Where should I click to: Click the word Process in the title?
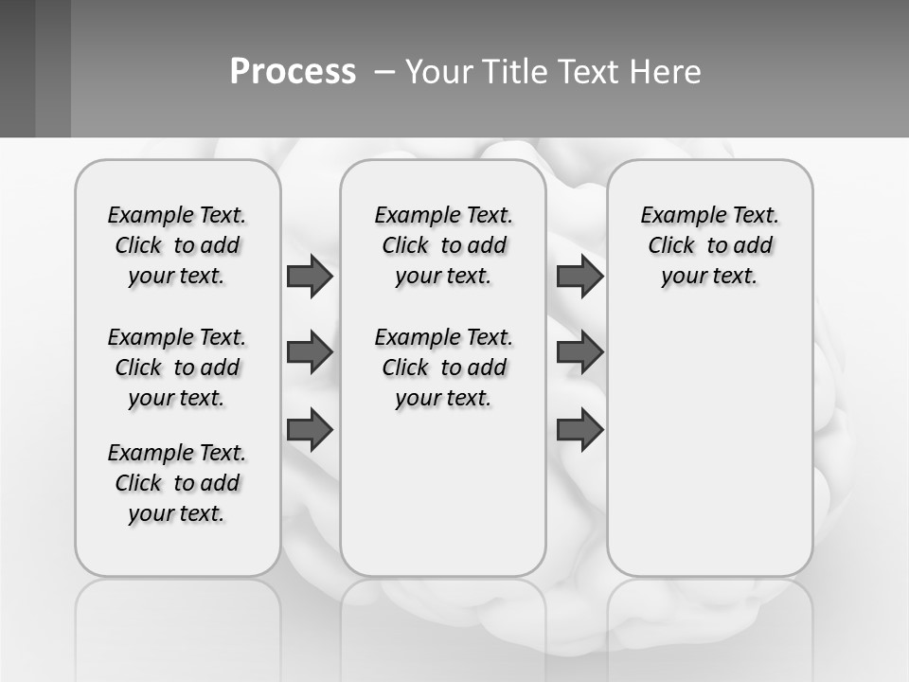293,72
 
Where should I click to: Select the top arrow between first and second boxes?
310,276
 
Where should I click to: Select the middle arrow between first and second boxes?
310,352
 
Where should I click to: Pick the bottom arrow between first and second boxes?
310,429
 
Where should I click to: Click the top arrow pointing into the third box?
579,276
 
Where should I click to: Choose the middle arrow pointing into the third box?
579,352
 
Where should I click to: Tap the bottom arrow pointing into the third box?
579,429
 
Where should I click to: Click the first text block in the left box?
177,245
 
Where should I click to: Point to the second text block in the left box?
177,368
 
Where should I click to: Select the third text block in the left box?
177,483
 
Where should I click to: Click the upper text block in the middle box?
443,245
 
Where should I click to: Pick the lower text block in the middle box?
443,368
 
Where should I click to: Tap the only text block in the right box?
709,245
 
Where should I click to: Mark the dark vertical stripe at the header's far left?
17,68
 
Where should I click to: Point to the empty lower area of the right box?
709,445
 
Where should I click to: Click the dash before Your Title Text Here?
384,72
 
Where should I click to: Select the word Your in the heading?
436,72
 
